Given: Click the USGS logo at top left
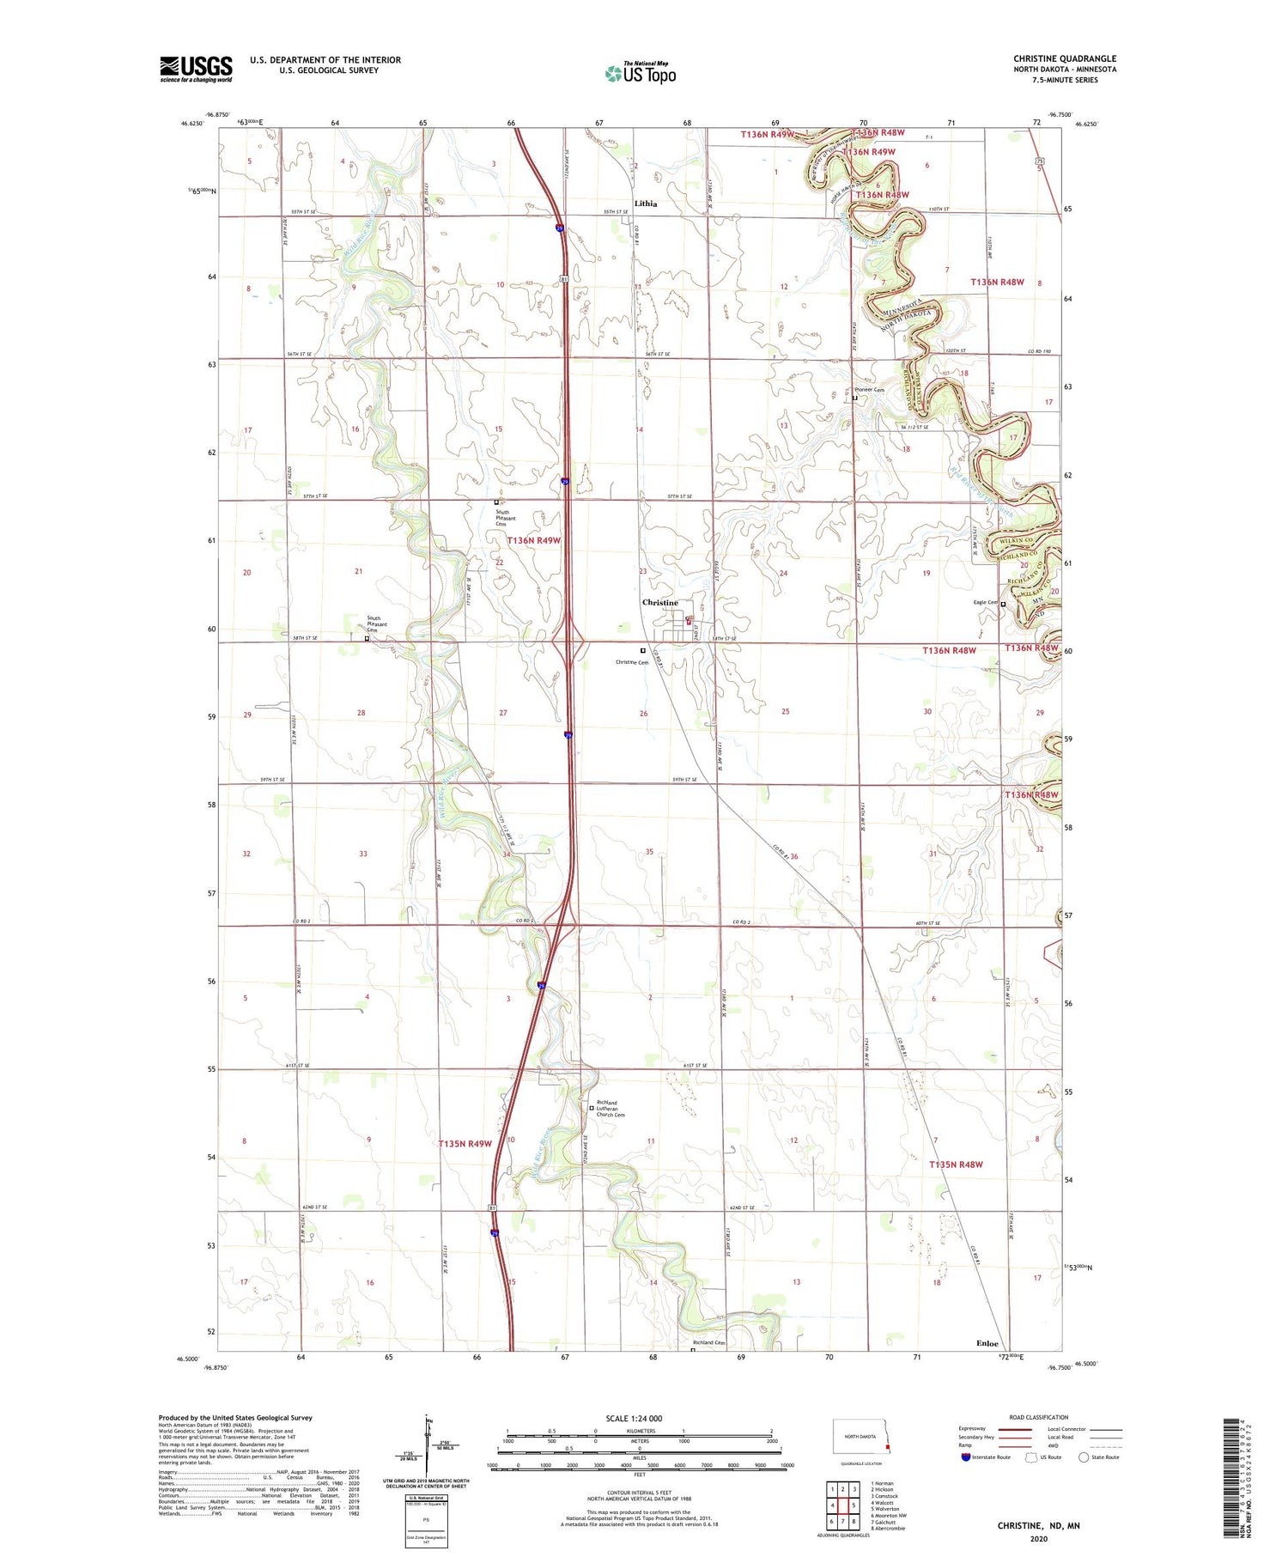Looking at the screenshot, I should click(196, 69).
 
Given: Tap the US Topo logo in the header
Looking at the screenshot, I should click(641, 73).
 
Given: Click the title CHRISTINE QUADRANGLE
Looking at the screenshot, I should click(1064, 58).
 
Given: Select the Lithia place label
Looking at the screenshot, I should click(645, 204).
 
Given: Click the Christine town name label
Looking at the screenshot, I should click(659, 602).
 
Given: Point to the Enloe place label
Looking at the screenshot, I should click(987, 1343).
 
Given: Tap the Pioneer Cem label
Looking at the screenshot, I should click(869, 390).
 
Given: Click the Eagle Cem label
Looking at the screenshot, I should click(985, 602).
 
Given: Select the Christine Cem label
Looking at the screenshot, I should click(632, 662).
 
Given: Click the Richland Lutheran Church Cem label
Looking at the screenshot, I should click(611, 1108).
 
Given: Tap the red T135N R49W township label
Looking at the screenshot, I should click(465, 1143).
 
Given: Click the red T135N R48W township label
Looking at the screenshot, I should click(956, 1164).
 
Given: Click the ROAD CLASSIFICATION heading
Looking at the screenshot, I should click(1039, 1417).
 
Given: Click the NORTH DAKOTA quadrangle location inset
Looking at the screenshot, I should click(862, 1436).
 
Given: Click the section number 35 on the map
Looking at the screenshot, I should click(649, 852).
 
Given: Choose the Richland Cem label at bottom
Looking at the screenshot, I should click(709, 1342).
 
